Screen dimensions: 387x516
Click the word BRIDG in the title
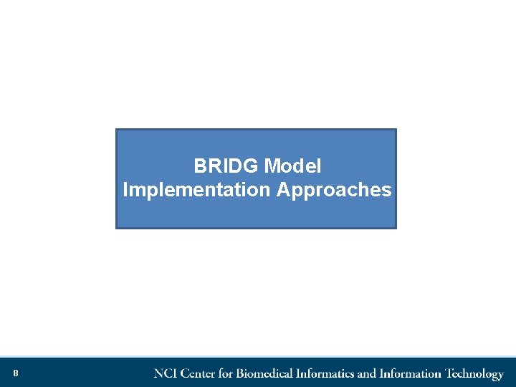pos(226,166)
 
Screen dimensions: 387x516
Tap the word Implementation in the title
pos(196,190)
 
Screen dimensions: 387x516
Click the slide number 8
pos(15,373)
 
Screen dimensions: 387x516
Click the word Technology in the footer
pos(474,373)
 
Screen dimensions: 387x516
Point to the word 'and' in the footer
pos(366,373)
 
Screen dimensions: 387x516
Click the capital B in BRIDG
pos(199,166)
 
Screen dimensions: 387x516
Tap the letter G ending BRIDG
pos(252,166)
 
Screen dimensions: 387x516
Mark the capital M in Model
pos(271,166)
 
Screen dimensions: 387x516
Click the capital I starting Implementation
pos(125,190)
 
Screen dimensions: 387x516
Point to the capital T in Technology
pos(449,373)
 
